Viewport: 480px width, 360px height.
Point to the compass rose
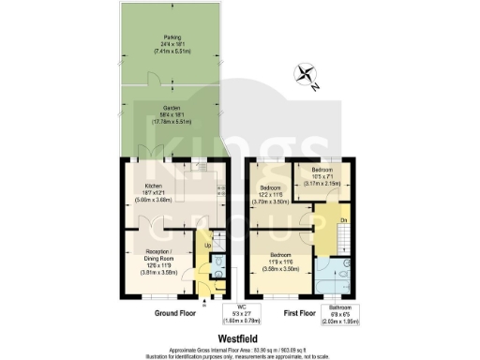point(305,74)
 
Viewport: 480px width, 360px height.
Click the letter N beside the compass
point(317,85)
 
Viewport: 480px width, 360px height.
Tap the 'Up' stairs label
point(207,247)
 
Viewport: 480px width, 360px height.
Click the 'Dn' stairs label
point(344,220)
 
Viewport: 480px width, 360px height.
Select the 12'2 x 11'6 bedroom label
point(277,194)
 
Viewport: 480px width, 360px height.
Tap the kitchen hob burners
point(221,193)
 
